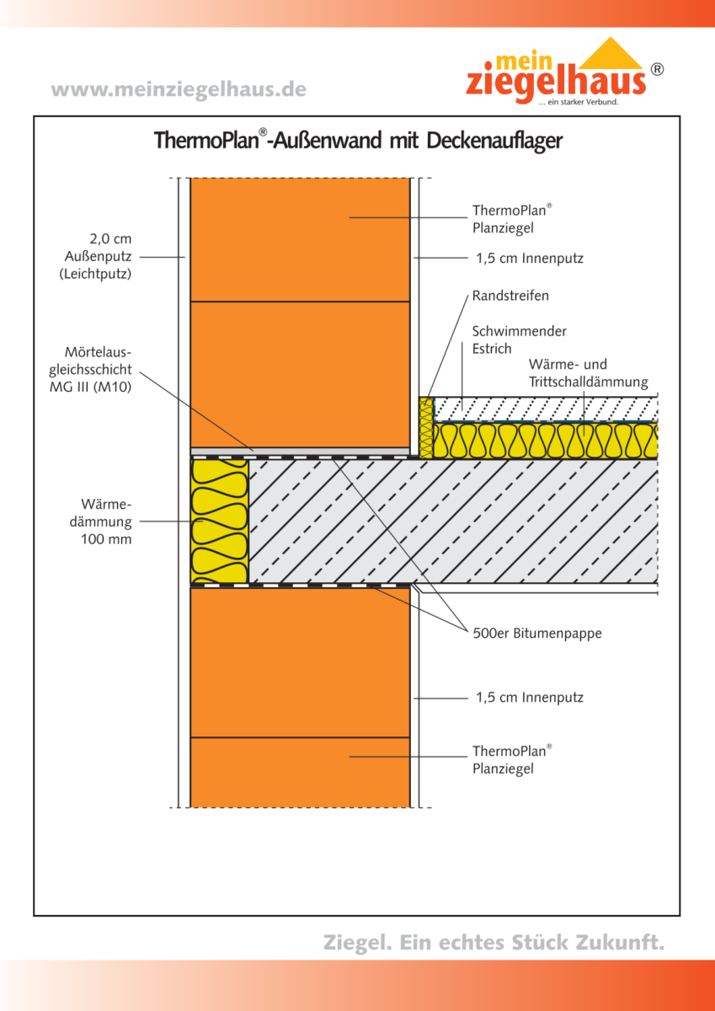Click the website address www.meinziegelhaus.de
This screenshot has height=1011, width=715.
click(x=179, y=89)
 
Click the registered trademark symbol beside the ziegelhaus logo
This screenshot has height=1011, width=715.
click(x=657, y=70)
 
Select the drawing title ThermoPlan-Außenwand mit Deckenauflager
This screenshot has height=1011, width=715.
click(x=358, y=140)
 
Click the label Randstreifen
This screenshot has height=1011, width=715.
click(x=510, y=296)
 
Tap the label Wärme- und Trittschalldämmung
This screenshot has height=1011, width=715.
click(x=588, y=373)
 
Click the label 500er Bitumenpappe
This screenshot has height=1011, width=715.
click(x=537, y=634)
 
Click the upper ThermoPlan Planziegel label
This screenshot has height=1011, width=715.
click(x=512, y=218)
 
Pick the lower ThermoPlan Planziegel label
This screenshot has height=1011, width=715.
click(x=512, y=758)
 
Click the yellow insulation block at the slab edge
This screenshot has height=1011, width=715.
click(x=219, y=521)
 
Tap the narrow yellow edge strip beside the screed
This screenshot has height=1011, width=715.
click(x=426, y=427)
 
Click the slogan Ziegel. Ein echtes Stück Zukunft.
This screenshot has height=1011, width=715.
click(x=494, y=942)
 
